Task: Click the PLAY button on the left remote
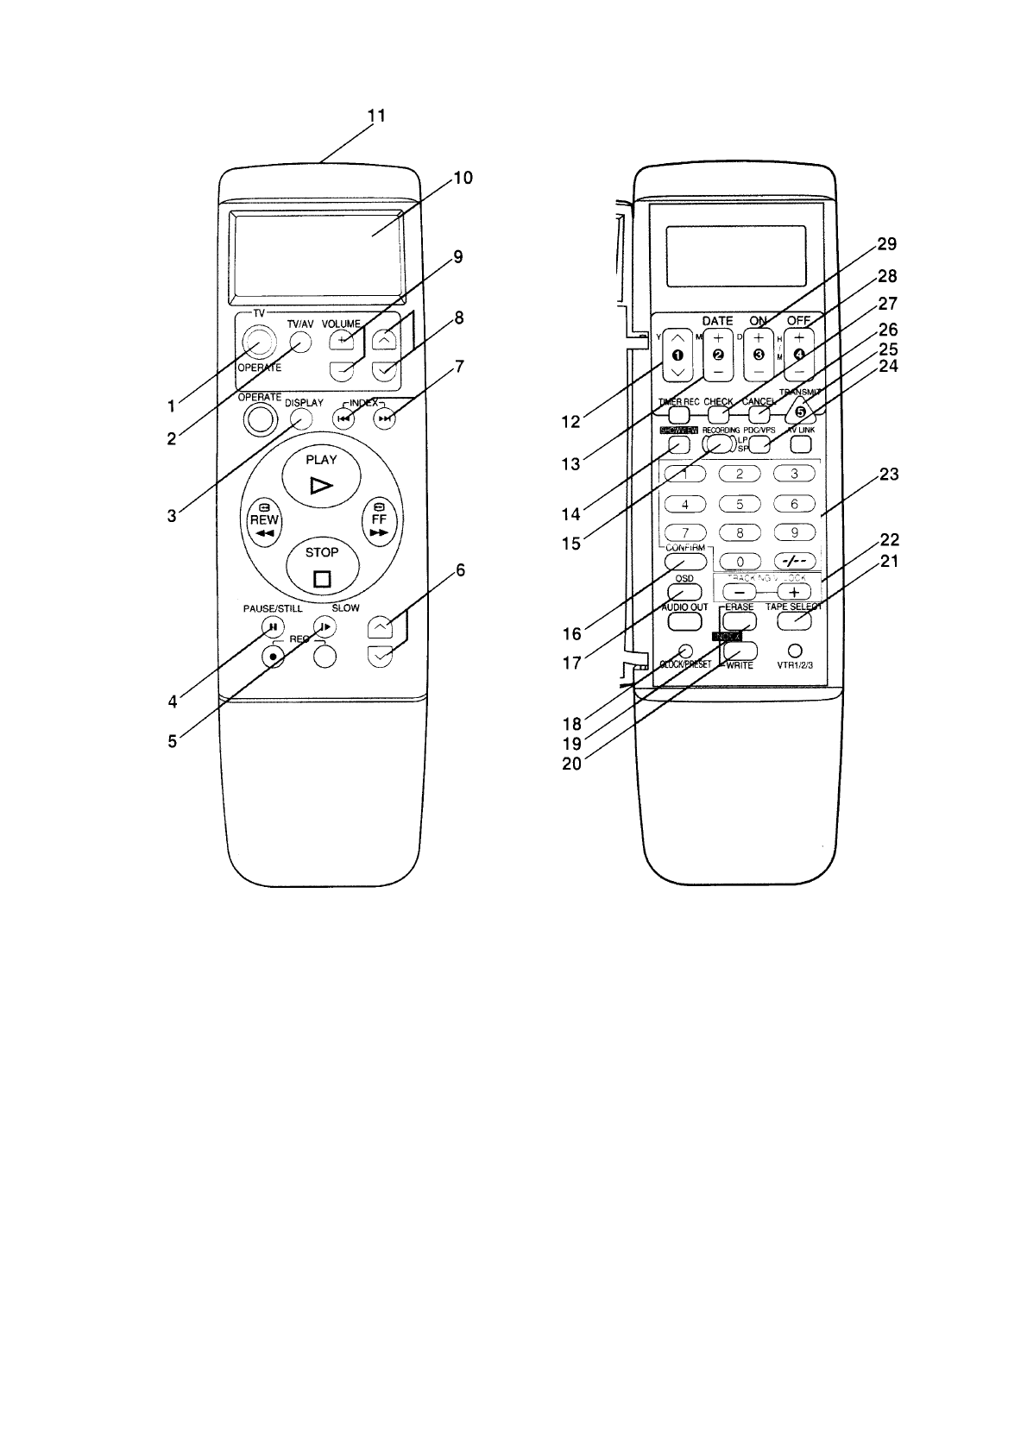click(x=321, y=474)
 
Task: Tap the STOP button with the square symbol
click(x=321, y=566)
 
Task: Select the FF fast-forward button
click(x=378, y=520)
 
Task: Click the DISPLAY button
click(x=301, y=418)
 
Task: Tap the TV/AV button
click(x=299, y=342)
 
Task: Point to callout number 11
click(x=377, y=116)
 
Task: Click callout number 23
click(x=888, y=474)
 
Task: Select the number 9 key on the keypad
click(x=794, y=532)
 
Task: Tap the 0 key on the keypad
click(x=740, y=561)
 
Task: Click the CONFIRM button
click(x=686, y=561)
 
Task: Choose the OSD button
click(x=684, y=592)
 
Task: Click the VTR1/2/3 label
click(x=796, y=665)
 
